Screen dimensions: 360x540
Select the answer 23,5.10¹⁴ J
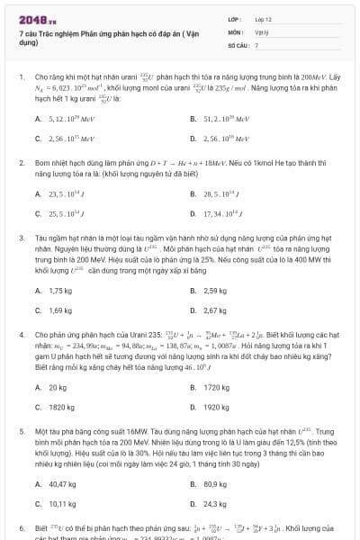(64, 193)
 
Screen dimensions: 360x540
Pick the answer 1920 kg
(216, 407)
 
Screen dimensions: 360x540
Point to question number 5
(21, 432)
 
